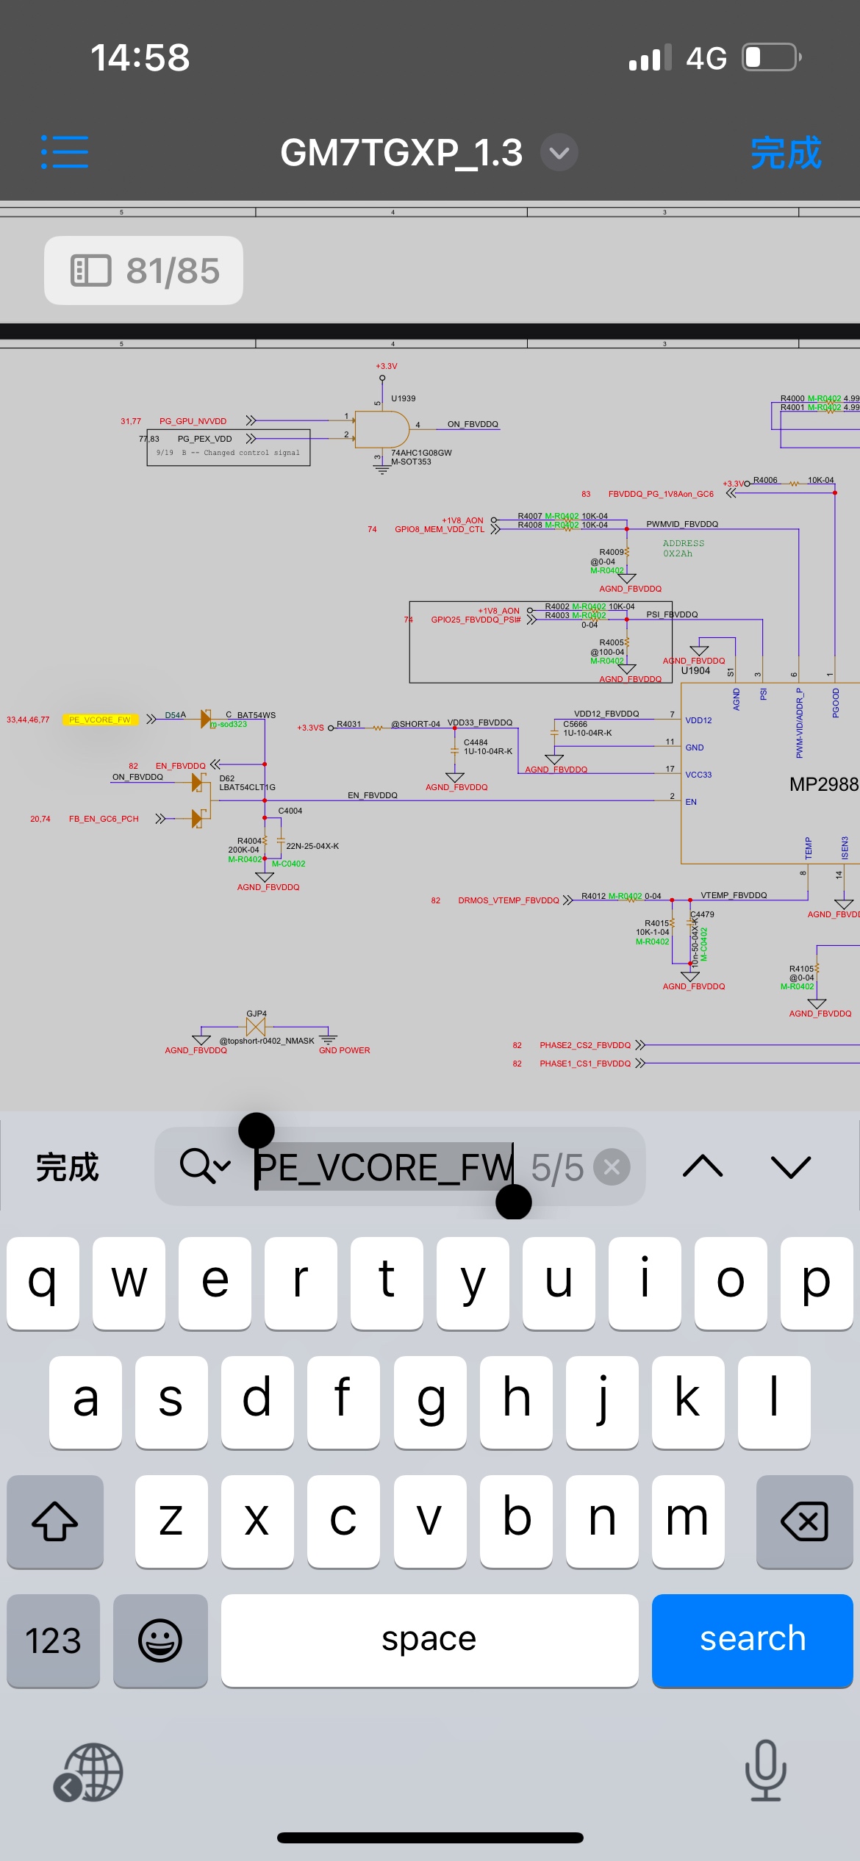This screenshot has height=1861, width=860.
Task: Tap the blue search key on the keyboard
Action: (752, 1640)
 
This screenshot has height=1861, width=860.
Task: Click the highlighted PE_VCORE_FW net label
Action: (100, 720)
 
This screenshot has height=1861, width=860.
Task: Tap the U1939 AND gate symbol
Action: (381, 429)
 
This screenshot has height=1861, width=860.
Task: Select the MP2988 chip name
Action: (823, 784)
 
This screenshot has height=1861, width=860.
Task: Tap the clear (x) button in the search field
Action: (612, 1167)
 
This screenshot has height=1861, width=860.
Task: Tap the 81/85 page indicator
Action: (144, 270)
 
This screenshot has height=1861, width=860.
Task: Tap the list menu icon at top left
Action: (65, 152)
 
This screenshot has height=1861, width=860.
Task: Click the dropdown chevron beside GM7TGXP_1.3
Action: (559, 153)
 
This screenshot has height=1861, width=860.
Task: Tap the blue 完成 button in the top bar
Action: (785, 153)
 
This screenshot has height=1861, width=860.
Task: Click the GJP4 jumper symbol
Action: (256, 1026)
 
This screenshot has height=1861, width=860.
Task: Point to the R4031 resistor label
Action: (349, 724)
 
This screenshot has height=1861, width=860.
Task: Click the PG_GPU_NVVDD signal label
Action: (193, 421)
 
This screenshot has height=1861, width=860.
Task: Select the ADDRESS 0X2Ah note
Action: (683, 548)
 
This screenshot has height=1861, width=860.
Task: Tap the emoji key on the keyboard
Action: (160, 1640)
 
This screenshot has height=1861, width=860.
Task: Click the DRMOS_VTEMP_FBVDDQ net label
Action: (508, 900)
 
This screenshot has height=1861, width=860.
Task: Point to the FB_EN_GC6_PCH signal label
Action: (104, 819)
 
